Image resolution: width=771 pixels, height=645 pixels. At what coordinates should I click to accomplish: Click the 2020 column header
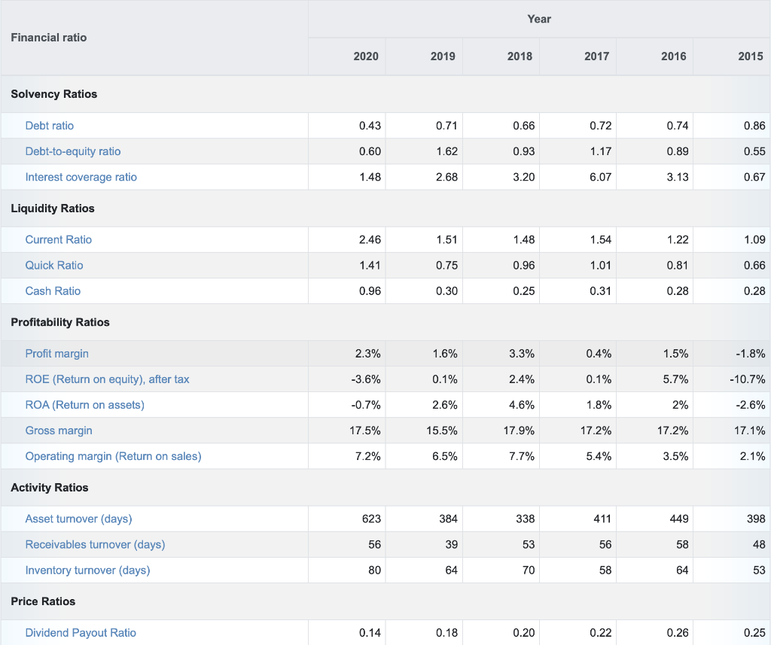tap(366, 56)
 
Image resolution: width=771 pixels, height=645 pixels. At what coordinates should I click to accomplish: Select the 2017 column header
tap(597, 56)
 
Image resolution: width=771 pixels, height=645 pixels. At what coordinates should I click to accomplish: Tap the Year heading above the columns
tap(539, 19)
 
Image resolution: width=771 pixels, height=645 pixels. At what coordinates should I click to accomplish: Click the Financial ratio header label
tap(49, 37)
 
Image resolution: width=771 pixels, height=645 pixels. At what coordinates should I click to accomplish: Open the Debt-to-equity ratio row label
tap(73, 151)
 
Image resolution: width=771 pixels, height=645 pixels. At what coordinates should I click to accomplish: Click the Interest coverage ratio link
tap(81, 177)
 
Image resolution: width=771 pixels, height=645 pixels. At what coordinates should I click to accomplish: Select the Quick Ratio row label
tap(54, 265)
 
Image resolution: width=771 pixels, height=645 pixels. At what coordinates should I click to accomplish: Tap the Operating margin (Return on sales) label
tap(114, 456)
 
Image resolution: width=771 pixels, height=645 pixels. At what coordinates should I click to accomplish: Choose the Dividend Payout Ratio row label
tap(81, 633)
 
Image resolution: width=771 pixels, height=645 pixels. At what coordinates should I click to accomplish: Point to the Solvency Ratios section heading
tap(54, 94)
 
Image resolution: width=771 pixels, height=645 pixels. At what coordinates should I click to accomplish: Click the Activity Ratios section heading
tap(50, 488)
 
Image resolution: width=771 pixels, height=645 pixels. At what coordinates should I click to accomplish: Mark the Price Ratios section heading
tap(43, 601)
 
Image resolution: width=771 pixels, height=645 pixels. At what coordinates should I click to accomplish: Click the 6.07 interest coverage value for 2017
tap(600, 177)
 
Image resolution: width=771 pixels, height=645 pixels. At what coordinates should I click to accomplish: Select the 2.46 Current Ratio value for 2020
tap(370, 239)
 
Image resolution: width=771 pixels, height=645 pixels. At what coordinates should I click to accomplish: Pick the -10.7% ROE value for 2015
tap(749, 379)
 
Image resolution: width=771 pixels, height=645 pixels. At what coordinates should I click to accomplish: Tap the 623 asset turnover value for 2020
tap(371, 519)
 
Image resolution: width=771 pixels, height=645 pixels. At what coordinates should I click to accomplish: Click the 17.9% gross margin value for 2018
tap(520, 431)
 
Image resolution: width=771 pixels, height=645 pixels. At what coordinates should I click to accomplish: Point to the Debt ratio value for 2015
tap(754, 126)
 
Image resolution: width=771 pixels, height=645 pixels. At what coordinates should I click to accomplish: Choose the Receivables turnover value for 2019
tap(450, 544)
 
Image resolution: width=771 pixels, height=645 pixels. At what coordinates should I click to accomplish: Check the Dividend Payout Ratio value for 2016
tap(678, 633)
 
